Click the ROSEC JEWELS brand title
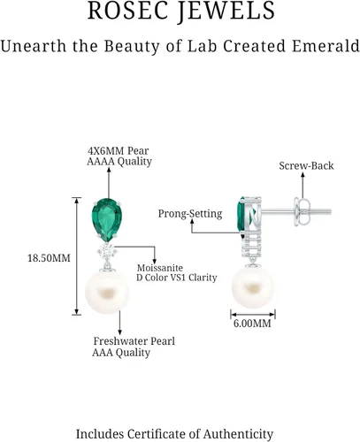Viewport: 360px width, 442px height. [181, 11]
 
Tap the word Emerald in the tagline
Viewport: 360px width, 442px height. [326, 46]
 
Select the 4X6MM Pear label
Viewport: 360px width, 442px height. [119, 151]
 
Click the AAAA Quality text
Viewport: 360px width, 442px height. [119, 162]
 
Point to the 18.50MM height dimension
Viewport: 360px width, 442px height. [49, 258]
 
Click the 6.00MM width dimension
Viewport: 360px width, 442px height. [252, 324]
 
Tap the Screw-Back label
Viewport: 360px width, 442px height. [306, 166]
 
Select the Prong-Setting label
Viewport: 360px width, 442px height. [190, 214]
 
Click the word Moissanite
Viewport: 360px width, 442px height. [160, 268]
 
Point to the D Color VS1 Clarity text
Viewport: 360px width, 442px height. [177, 278]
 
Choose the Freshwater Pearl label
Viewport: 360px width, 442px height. [134, 341]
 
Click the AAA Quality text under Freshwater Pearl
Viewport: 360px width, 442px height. [121, 353]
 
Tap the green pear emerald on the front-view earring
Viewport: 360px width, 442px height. [107, 219]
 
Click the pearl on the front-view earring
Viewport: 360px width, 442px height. [107, 293]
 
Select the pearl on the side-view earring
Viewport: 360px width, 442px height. [253, 287]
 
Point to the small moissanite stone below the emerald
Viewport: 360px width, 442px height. [107, 251]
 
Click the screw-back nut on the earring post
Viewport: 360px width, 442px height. [302, 211]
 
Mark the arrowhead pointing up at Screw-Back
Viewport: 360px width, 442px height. [303, 175]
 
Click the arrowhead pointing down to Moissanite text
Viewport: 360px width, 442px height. [154, 262]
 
